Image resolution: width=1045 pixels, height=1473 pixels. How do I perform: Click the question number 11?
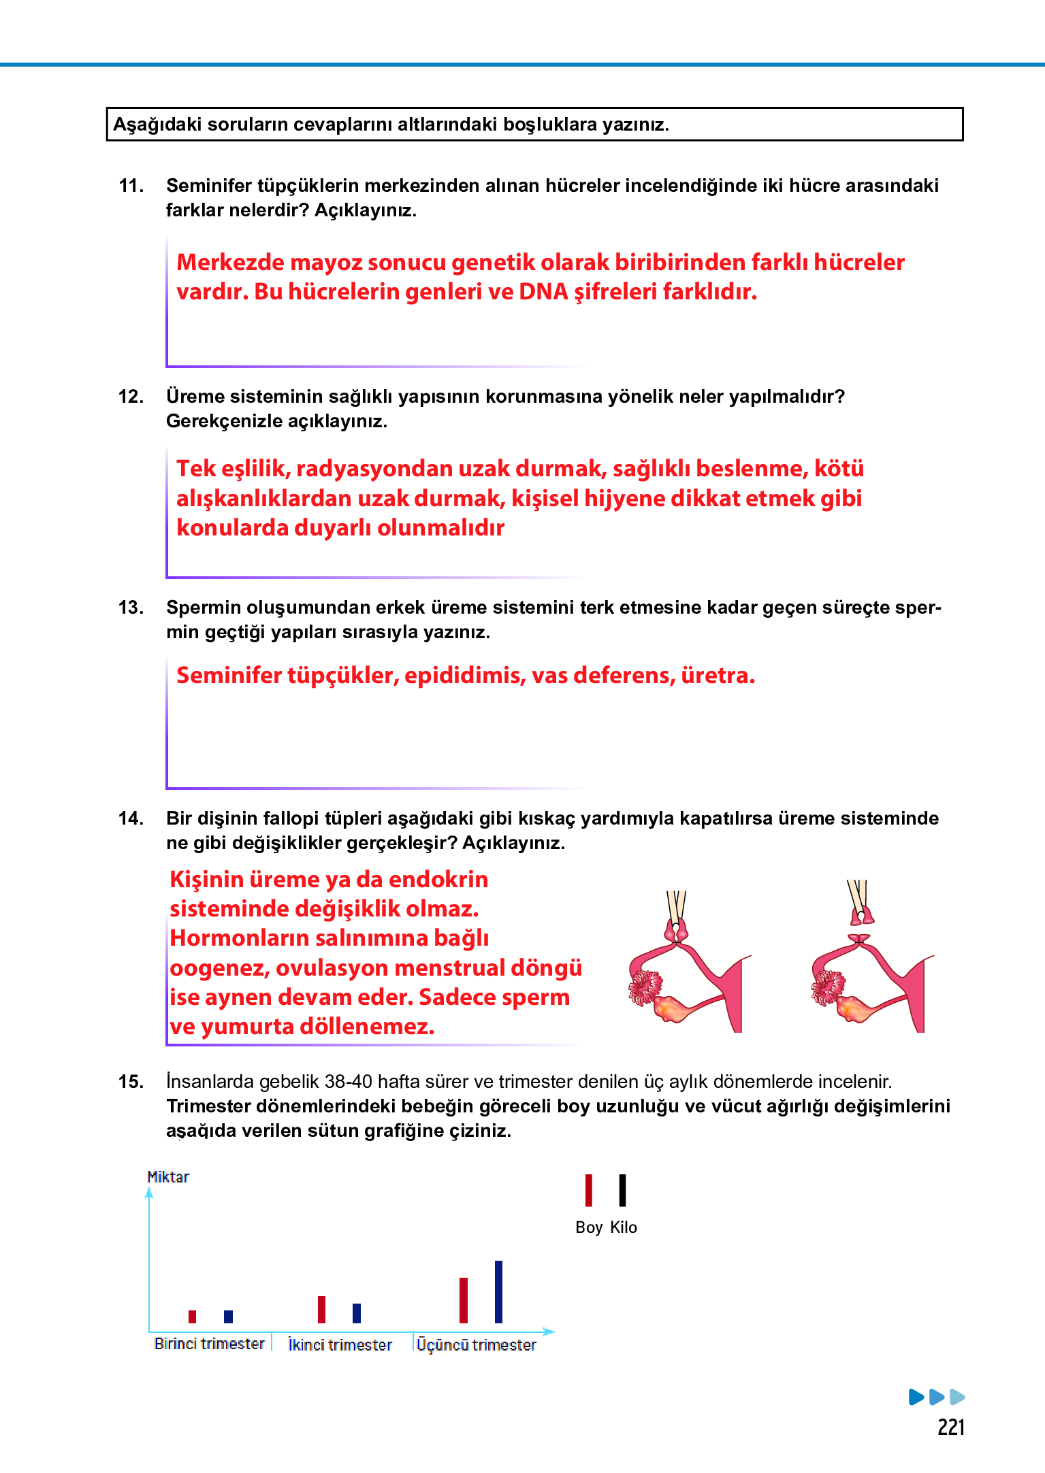(131, 186)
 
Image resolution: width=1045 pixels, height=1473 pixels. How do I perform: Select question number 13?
(131, 608)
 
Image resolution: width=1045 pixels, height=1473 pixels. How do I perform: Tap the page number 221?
(950, 1427)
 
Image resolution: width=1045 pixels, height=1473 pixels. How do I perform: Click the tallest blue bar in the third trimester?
(498, 1291)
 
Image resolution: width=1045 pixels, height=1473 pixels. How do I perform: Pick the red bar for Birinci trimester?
(193, 1316)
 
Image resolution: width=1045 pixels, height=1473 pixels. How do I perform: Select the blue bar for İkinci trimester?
(357, 1312)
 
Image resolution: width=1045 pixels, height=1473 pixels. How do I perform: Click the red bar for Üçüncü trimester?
(464, 1300)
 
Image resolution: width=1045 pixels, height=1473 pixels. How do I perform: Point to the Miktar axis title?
(168, 1177)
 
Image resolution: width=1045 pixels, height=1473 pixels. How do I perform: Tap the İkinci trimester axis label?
(340, 1345)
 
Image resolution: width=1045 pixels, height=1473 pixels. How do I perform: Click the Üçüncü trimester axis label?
(476, 1345)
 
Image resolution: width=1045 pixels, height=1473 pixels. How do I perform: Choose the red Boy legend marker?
(589, 1190)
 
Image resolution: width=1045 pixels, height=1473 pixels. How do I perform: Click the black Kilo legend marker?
(622, 1190)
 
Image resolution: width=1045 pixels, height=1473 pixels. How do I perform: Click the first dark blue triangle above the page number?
(916, 1397)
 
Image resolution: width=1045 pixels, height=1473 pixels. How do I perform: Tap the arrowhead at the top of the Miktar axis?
(149, 1192)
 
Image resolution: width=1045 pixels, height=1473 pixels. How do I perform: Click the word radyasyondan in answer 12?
(371, 469)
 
